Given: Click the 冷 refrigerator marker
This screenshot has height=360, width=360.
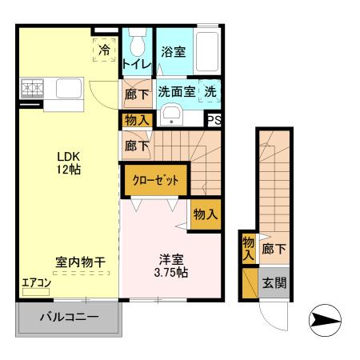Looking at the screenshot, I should [105, 50].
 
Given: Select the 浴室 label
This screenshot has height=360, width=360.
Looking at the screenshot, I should [174, 51].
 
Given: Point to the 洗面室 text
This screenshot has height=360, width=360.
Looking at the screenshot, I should [176, 91].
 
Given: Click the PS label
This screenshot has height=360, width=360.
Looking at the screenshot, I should [214, 120].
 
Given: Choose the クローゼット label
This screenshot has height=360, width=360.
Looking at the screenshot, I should [155, 179].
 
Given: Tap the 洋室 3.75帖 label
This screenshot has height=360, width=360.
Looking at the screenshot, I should [172, 265].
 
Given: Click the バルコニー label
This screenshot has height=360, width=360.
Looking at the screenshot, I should [70, 318].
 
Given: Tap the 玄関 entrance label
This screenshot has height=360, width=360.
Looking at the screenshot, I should [274, 282].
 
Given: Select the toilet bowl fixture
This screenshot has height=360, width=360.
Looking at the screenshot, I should [137, 40].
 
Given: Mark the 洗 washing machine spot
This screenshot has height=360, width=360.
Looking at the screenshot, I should [210, 91].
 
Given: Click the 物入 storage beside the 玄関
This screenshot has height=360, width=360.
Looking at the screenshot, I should [248, 248].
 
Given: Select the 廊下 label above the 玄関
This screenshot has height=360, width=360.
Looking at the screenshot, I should [274, 250].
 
